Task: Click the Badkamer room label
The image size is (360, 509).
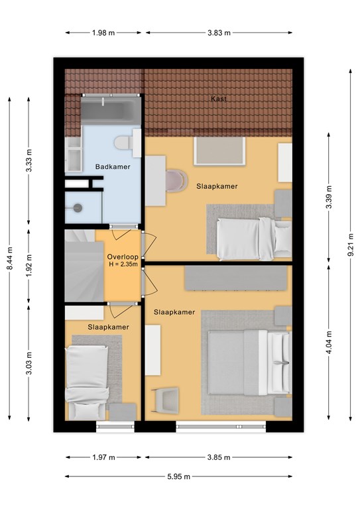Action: pos(112,167)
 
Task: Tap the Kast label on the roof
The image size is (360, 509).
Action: pos(219,99)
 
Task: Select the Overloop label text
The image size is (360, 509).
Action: pos(123,256)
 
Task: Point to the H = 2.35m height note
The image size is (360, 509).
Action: pos(123,264)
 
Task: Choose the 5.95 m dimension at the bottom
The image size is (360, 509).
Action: pos(178,477)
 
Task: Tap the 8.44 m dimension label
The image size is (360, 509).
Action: pos(10,258)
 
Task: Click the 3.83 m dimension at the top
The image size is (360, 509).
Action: pos(219,32)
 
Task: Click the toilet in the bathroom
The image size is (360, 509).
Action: pos(127,142)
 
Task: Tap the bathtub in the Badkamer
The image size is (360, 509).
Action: pos(111,110)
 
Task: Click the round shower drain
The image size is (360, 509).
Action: pos(78,207)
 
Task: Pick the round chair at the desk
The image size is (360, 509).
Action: pos(176,180)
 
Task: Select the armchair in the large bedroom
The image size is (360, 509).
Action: pos(166,400)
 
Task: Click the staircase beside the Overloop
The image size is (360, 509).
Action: pos(84,266)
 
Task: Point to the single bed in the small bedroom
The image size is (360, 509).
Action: pos(87,382)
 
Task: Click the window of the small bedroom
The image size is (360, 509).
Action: pos(115,426)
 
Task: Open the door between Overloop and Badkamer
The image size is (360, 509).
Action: pos(123,227)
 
